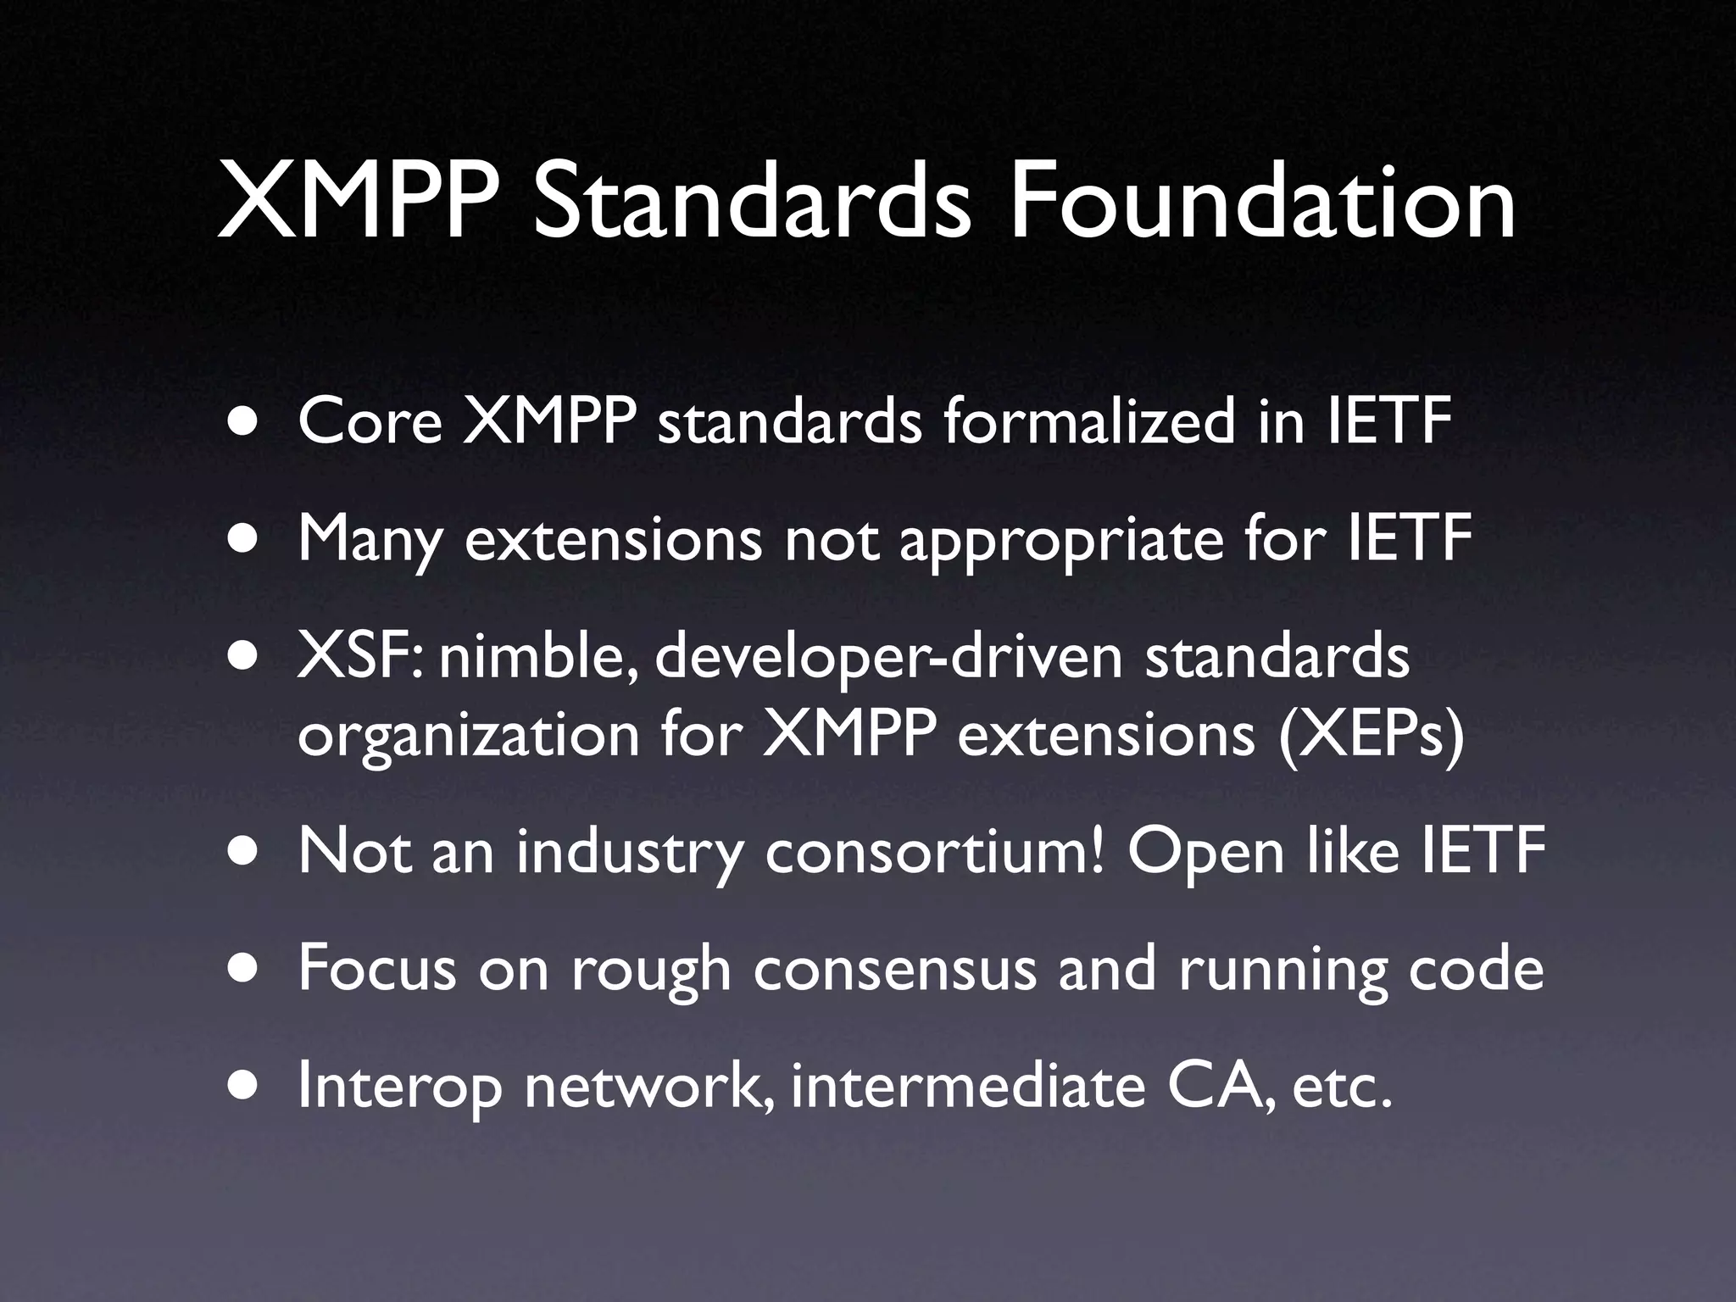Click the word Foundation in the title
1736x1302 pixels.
click(1260, 203)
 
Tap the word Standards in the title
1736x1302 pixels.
click(752, 203)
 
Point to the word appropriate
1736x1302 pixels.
click(1060, 540)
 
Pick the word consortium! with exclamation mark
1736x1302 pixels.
click(935, 852)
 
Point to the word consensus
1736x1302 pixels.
click(894, 970)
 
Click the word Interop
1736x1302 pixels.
click(399, 1088)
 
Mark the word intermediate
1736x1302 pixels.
click(967, 1087)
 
